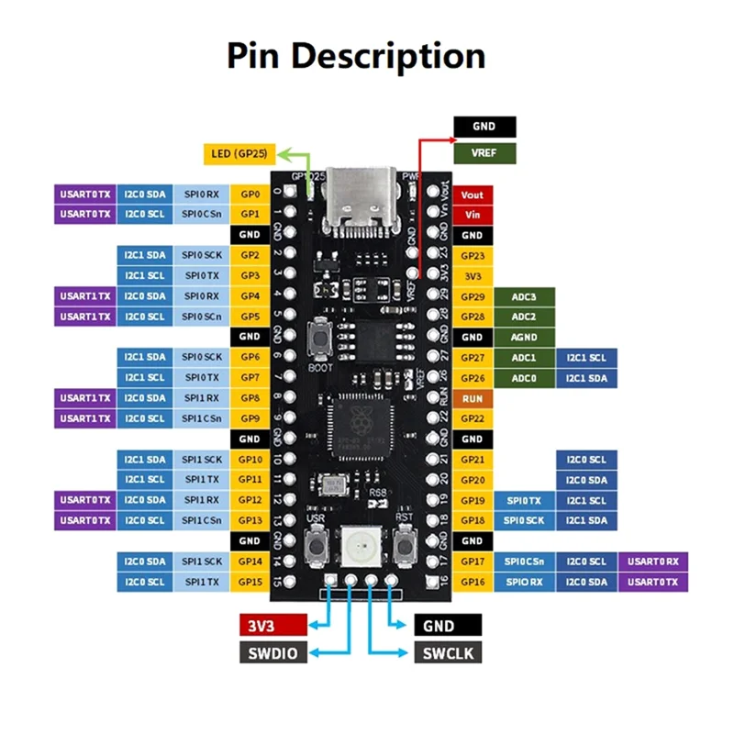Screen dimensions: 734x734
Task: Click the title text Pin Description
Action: tap(356, 57)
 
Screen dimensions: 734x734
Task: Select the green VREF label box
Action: tap(484, 153)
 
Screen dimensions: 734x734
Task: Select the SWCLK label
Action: tap(448, 652)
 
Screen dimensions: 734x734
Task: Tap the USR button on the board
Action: tap(317, 548)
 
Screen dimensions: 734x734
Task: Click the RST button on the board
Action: tap(403, 548)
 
